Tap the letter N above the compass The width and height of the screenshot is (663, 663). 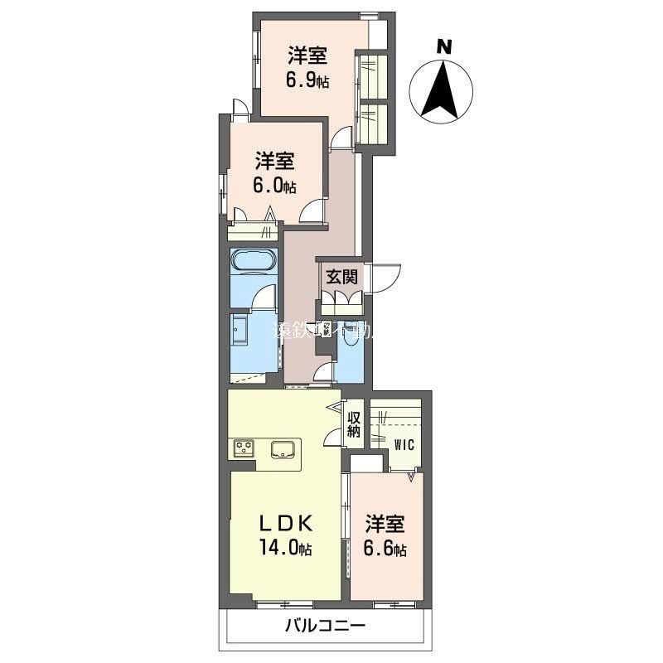click(445, 47)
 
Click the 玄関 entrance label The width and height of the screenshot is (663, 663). click(340, 277)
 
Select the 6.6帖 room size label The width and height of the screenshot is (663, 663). click(387, 548)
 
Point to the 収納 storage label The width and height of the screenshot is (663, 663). click(354, 424)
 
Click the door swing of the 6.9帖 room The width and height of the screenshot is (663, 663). click(341, 139)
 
